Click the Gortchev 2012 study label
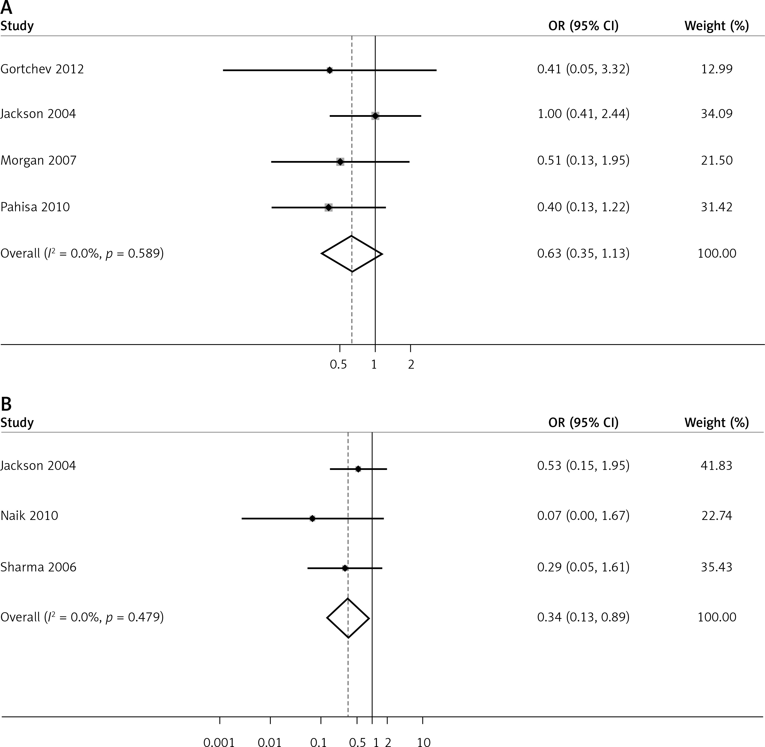42,69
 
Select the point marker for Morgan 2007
340,162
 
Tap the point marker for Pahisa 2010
328,207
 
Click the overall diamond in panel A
352,254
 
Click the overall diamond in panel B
348,618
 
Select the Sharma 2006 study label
38,567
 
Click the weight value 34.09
716,114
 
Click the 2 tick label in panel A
411,365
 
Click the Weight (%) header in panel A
716,26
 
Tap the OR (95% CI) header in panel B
583,423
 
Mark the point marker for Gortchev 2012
330,70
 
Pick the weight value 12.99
716,69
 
